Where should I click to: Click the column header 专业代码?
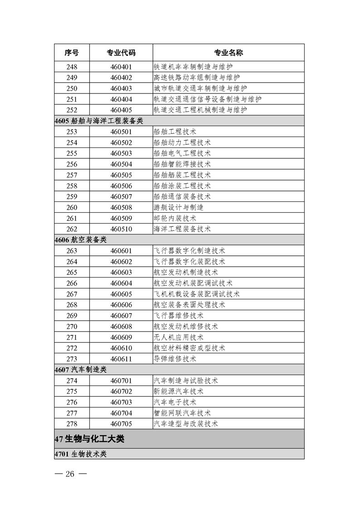click(x=121, y=53)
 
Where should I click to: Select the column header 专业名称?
click(x=228, y=53)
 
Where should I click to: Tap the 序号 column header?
click(x=72, y=53)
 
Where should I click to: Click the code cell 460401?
click(x=121, y=67)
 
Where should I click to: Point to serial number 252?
click(x=72, y=110)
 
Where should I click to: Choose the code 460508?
click(x=121, y=207)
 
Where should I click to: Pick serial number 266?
click(x=72, y=283)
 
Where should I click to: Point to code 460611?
click(x=121, y=359)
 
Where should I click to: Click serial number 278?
click(x=72, y=424)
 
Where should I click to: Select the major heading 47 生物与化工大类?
click(x=89, y=439)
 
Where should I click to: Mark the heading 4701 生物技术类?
click(x=80, y=454)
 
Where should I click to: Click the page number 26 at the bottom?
click(x=70, y=474)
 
